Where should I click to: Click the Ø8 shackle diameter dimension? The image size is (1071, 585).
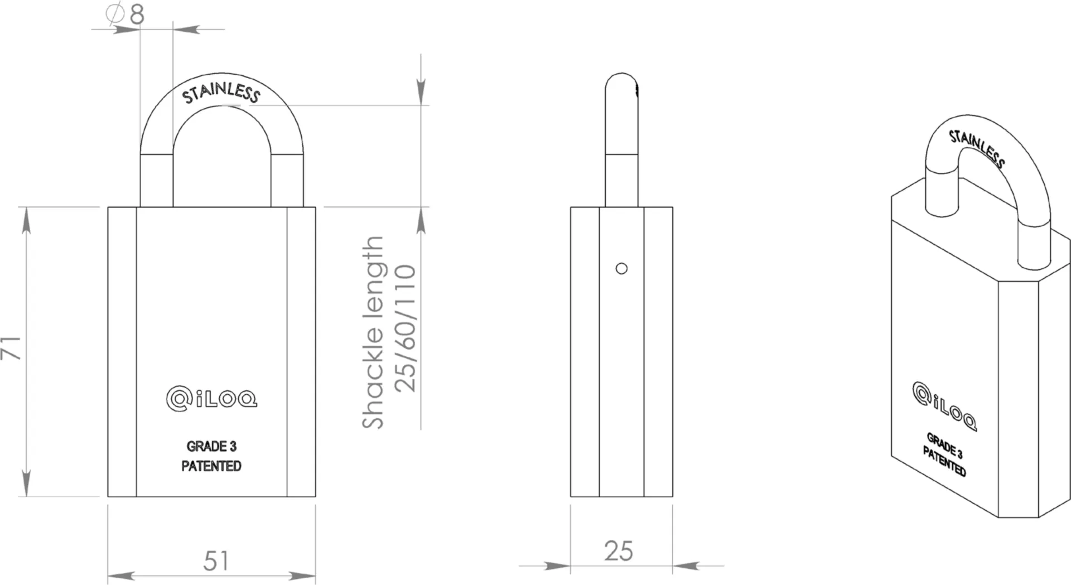pyautogui.click(x=126, y=14)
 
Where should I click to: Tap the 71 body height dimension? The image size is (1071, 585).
pyautogui.click(x=11, y=348)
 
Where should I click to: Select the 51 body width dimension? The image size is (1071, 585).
pyautogui.click(x=216, y=561)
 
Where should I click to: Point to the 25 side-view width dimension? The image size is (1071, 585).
pyautogui.click(x=619, y=551)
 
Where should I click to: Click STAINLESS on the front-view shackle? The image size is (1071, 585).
pyautogui.click(x=221, y=93)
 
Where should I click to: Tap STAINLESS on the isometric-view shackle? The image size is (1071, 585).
pyautogui.click(x=977, y=148)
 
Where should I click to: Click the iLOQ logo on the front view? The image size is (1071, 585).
pyautogui.click(x=211, y=399)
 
